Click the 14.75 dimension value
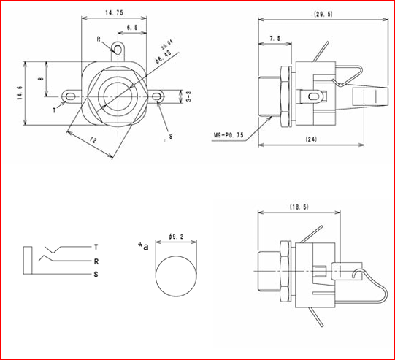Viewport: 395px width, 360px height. click(113, 13)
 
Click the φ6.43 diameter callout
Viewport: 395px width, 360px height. click(162, 55)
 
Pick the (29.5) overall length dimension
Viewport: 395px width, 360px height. click(322, 13)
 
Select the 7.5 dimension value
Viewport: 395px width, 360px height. click(275, 38)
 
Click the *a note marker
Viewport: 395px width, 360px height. click(144, 246)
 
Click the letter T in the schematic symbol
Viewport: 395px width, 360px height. click(96, 246)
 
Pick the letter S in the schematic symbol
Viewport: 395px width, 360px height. click(96, 274)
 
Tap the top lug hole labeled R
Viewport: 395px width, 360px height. click(118, 50)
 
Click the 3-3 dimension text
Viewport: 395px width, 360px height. click(188, 96)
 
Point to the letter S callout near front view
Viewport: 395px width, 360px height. click(171, 136)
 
